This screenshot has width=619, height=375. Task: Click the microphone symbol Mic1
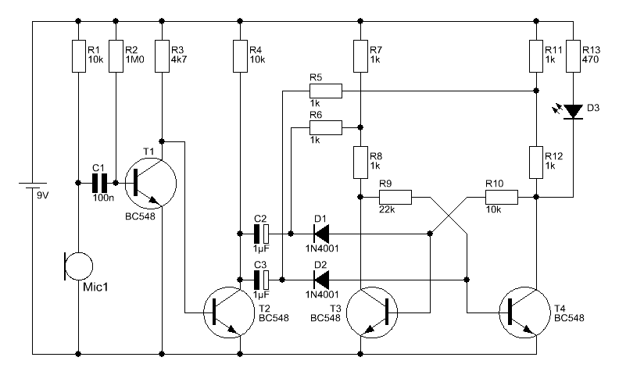tap(79, 266)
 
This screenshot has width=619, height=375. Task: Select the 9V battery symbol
tap(33, 186)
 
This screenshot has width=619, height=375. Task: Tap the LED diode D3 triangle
tap(573, 112)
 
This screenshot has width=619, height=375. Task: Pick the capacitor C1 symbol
tap(99, 183)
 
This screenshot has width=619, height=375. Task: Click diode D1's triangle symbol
tap(321, 234)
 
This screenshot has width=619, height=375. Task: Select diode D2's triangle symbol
tap(321, 280)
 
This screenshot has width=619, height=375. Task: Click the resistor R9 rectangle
tap(395, 197)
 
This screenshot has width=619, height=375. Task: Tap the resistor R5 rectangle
tap(326, 91)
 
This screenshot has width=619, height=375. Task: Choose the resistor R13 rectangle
tap(573, 56)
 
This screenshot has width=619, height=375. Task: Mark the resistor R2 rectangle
tap(116, 56)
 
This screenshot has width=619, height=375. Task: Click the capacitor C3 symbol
tap(261, 280)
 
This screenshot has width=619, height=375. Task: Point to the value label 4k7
tap(179, 59)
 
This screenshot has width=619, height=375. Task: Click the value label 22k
tap(387, 209)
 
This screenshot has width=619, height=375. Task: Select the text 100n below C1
tap(103, 198)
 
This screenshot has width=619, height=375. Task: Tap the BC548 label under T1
tap(140, 216)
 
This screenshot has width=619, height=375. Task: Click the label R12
tap(553, 156)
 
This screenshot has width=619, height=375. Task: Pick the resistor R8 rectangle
tap(360, 162)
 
